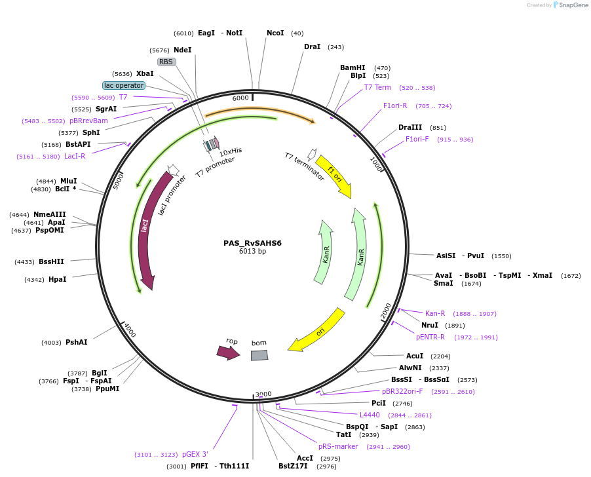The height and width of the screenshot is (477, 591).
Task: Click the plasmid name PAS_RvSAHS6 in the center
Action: pos(252,242)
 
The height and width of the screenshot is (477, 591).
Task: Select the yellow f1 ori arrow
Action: pos(334,176)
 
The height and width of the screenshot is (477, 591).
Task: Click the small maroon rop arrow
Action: pos(228,352)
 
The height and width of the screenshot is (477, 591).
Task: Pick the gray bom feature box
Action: pos(259,354)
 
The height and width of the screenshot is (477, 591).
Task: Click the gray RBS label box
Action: pos(166,62)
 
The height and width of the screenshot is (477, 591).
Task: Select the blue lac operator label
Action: pos(123,86)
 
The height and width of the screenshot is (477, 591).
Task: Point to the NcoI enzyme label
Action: pos(275,33)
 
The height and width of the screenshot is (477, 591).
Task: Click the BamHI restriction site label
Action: pos(353,67)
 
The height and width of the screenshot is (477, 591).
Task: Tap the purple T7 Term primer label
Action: pos(377,87)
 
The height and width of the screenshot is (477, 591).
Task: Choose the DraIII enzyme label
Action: pos(410,127)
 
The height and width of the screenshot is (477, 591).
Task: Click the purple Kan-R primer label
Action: pos(435,313)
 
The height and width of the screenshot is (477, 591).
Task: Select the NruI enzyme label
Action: pos(430,325)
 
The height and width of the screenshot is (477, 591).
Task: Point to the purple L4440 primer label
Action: pos(370,415)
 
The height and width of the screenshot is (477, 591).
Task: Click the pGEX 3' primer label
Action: pos(195,454)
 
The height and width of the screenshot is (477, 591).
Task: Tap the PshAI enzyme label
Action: pos(77,342)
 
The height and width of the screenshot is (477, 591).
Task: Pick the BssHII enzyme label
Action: pos(52,261)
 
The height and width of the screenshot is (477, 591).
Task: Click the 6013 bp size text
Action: pos(252,251)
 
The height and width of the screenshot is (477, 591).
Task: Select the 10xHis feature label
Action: pos(230,151)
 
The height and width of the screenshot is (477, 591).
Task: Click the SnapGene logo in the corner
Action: pos(569,5)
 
